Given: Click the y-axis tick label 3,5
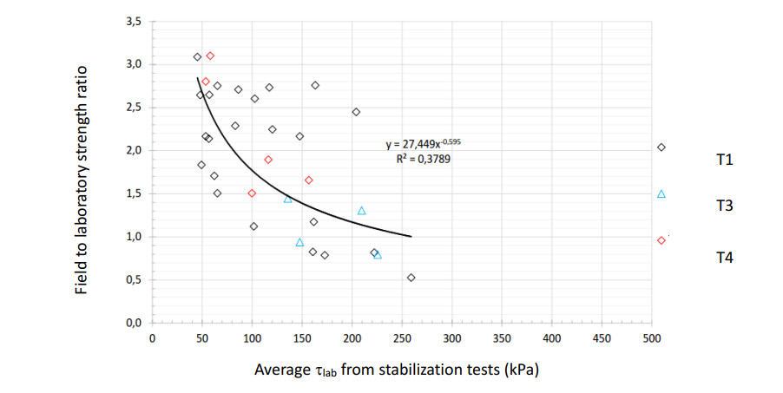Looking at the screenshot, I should click(132, 22).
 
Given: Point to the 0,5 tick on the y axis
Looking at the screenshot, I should click(132, 279).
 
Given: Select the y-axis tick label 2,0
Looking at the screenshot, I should click(132, 151).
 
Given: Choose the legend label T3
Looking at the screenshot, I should click(725, 206).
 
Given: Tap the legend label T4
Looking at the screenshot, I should click(725, 257).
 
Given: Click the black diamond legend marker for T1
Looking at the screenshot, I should click(661, 147).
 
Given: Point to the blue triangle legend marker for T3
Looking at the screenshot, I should click(661, 194).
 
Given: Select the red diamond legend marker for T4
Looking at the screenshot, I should click(661, 240).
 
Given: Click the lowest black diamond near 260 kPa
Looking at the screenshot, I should click(411, 278).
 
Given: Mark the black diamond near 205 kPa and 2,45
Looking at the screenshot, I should click(356, 112).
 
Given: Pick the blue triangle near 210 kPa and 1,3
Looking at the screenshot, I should click(361, 211).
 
